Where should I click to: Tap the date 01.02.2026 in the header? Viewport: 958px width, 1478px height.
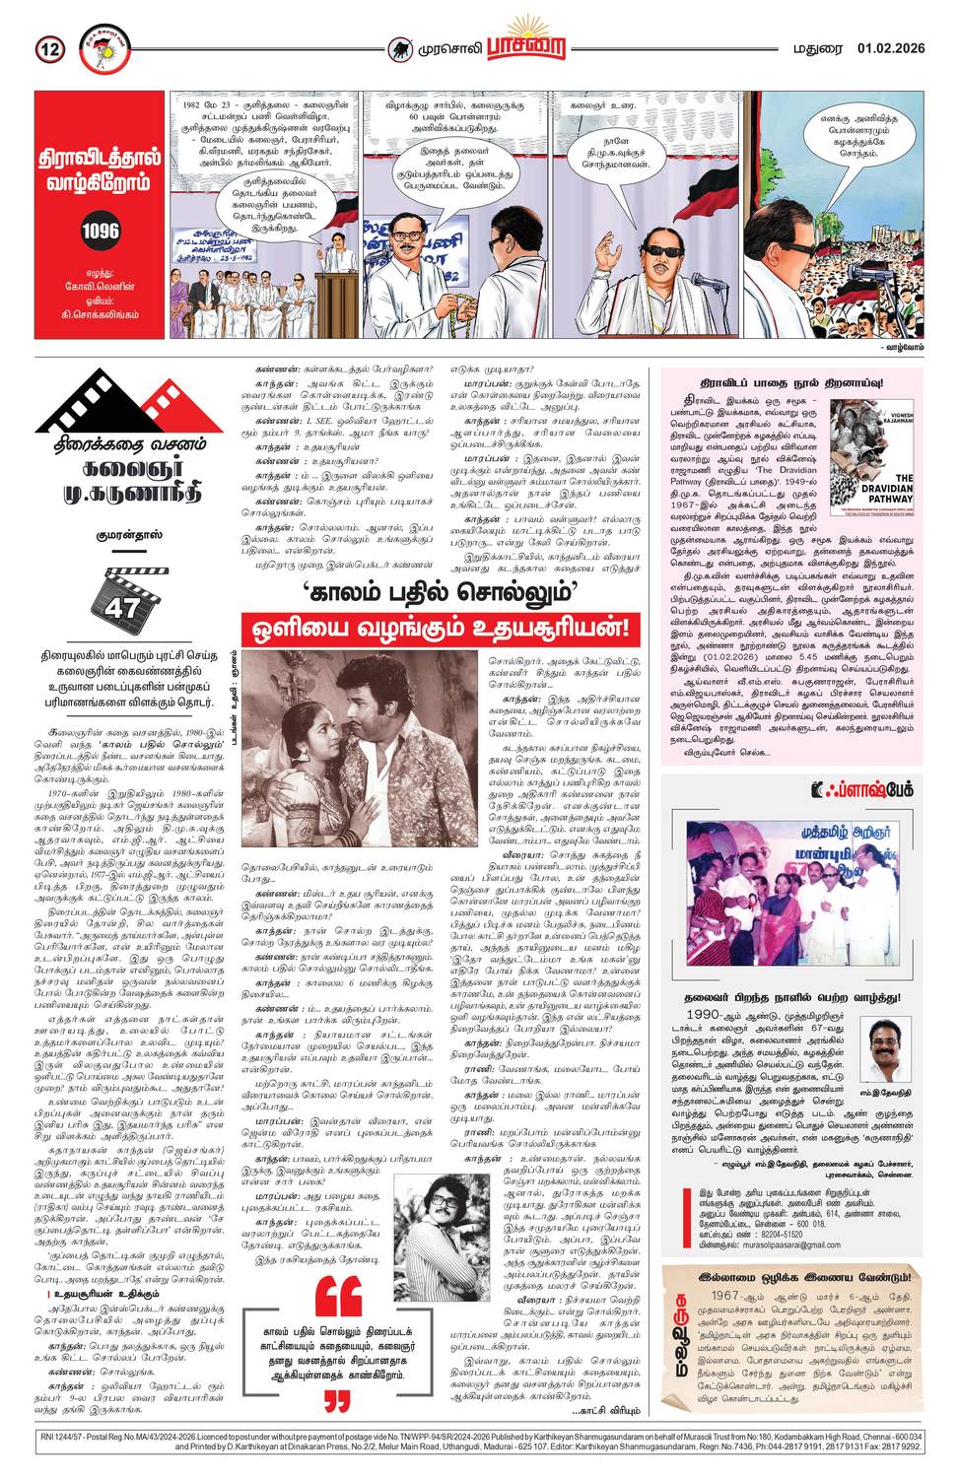tap(890, 48)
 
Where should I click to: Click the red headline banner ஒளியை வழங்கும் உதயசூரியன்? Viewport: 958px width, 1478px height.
tap(440, 628)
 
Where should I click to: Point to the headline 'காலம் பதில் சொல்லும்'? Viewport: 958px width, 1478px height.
tap(440, 593)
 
